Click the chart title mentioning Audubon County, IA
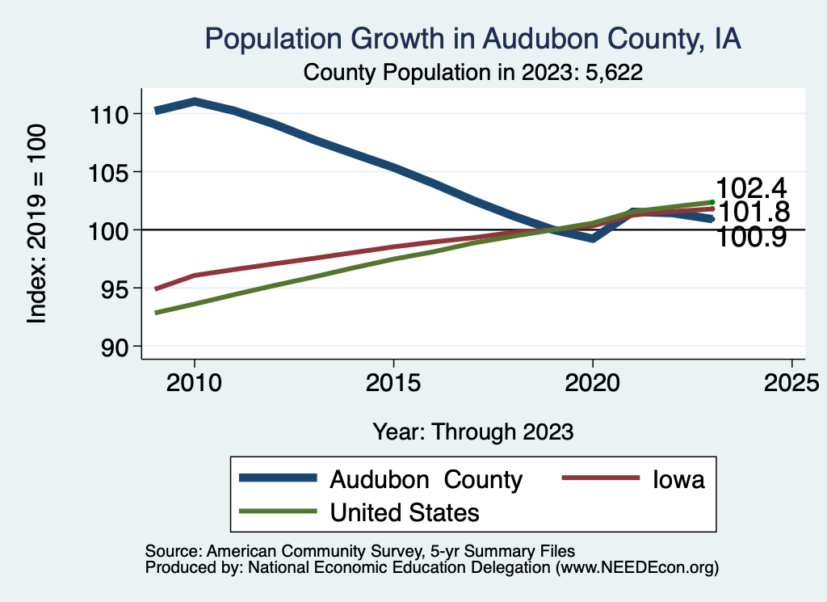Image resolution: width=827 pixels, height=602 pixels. click(x=472, y=38)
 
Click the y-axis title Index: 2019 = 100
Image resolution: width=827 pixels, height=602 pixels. click(x=37, y=224)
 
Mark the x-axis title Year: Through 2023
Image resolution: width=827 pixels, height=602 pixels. click(x=473, y=431)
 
